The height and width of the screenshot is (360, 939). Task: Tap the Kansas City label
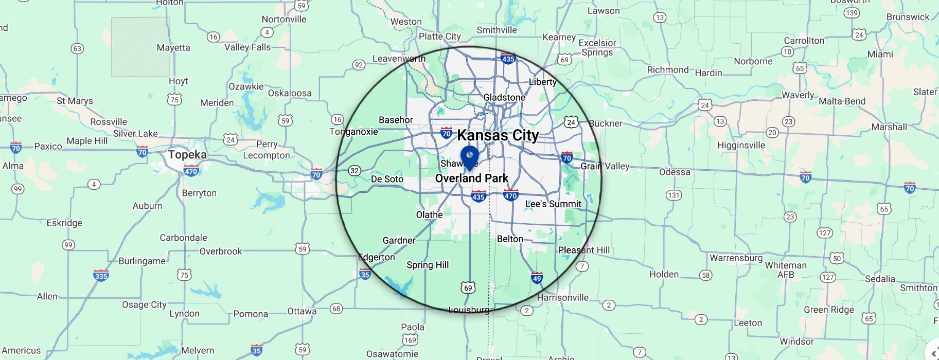(498, 135)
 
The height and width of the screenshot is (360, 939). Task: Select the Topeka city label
(187, 155)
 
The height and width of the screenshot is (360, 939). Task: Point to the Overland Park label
(471, 178)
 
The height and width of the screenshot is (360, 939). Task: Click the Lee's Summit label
(553, 204)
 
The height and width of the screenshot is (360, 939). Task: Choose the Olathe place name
(429, 214)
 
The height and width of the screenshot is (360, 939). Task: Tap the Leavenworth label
(399, 59)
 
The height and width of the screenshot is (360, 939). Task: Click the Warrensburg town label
(736, 258)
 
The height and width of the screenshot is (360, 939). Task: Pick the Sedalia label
(880, 279)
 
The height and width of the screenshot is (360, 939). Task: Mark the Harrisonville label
(562, 297)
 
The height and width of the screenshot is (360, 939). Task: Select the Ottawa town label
(302, 311)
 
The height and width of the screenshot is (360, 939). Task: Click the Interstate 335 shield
(101, 275)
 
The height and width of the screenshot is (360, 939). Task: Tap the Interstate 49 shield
(537, 278)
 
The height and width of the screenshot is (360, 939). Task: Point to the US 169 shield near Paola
(410, 340)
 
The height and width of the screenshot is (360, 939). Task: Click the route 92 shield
(359, 65)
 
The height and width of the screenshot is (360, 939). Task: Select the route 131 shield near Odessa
(674, 195)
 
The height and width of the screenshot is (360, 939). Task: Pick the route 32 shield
(355, 171)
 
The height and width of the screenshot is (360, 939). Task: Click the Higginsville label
(741, 146)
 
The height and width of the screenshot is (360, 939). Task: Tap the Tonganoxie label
(353, 132)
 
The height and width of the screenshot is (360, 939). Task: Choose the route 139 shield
(852, 12)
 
